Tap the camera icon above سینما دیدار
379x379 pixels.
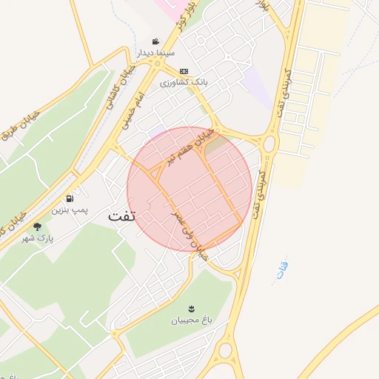[155, 41]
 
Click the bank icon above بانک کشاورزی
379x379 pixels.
[184, 72]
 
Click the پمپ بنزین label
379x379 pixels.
[69, 211]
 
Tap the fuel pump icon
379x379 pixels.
[69, 198]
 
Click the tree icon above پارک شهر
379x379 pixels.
[38, 227]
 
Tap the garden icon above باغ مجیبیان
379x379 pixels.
[192, 308]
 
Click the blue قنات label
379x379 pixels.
[281, 271]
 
